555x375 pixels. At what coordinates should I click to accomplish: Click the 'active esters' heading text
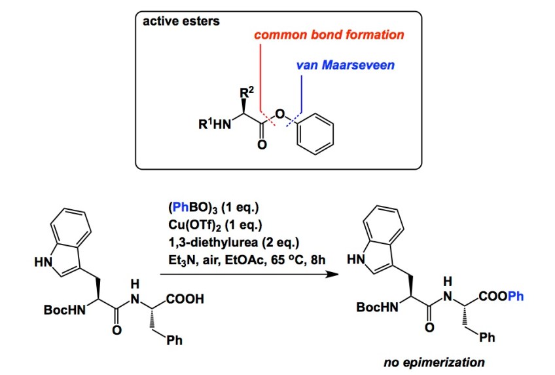tap(182, 21)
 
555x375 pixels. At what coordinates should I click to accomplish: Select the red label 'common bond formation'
tap(329, 35)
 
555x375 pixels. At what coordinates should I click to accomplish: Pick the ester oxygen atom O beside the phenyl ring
tap(279, 116)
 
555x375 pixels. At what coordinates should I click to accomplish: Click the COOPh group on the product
tap(502, 297)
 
